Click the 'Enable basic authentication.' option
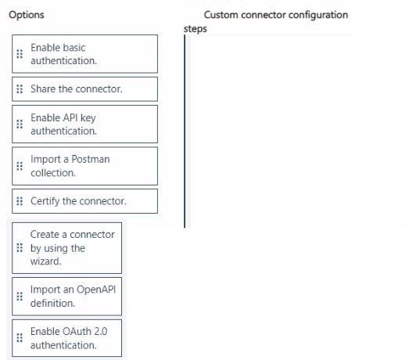click(84, 54)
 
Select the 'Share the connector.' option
click(84, 89)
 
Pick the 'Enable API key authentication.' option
click(84, 124)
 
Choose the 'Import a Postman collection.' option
click(84, 166)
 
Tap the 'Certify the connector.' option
click(84, 201)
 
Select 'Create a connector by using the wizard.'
click(67, 248)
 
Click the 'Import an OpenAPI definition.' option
click(67, 297)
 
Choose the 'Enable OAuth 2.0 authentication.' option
click(67, 338)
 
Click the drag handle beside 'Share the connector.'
click(20, 89)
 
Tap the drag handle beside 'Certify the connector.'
click(20, 201)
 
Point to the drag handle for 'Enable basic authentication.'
click(20, 54)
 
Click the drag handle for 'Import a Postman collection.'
click(20, 166)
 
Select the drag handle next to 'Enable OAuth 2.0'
click(20, 337)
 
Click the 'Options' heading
click(27, 15)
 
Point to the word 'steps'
click(196, 29)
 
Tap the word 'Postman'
click(91, 159)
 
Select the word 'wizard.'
click(46, 261)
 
